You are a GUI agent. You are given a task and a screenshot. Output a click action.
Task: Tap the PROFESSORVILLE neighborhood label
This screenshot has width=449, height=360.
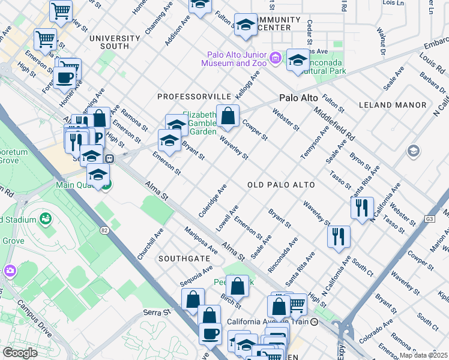pyautogui.click(x=194, y=97)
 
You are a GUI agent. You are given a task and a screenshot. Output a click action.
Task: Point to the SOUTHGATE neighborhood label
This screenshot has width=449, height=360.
pyautogui.click(x=184, y=259)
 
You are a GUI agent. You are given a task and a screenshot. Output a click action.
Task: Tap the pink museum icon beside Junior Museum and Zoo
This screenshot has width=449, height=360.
pyautogui.click(x=276, y=58)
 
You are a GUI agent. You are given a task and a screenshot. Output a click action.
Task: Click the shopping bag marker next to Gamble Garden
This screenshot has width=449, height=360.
pyautogui.click(x=228, y=117)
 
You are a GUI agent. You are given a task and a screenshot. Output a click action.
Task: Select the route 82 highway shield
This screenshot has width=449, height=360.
pyautogui.click(x=106, y=230)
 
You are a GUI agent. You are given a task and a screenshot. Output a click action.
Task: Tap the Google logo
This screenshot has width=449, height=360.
pyautogui.click(x=20, y=353)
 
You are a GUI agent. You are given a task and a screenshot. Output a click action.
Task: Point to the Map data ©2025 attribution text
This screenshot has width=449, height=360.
pyautogui.click(x=423, y=355)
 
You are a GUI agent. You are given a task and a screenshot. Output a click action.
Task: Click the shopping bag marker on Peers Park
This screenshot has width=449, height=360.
pyautogui.click(x=238, y=286)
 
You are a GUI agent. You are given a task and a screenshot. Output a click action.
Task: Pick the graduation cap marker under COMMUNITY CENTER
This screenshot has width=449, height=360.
pyautogui.click(x=246, y=26)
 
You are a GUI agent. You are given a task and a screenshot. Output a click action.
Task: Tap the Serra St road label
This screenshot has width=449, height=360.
pyautogui.click(x=154, y=313)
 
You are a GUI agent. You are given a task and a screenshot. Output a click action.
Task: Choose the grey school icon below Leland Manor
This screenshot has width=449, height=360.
pyautogui.click(x=412, y=151)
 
